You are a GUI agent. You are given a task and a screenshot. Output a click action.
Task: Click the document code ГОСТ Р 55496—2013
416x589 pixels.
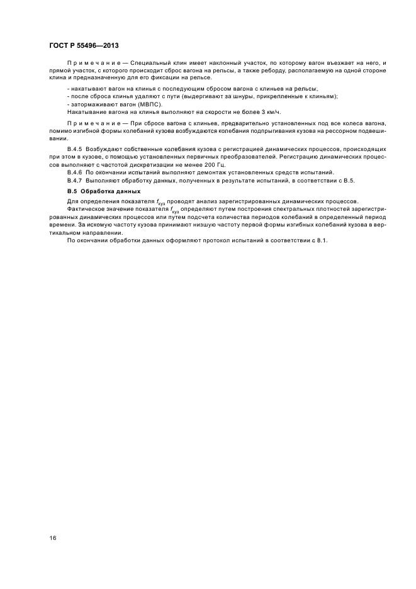[84, 45]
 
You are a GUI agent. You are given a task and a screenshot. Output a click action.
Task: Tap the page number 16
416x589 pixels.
[52, 538]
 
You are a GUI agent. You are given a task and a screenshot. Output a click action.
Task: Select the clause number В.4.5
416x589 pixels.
[76, 148]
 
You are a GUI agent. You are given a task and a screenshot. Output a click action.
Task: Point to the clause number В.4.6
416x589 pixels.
[76, 172]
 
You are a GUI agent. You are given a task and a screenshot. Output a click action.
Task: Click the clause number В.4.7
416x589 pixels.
[76, 181]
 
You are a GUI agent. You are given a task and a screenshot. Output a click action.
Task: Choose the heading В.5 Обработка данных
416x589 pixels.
[104, 191]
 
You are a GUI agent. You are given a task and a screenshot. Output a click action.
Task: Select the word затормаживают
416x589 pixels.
[89, 103]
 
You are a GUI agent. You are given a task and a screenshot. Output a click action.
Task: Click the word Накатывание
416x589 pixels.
[86, 111]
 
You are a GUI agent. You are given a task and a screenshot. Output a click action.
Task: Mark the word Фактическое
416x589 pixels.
[87, 208]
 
